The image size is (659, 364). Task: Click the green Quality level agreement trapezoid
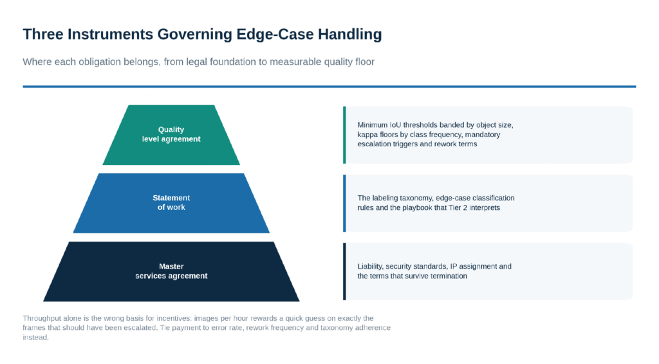pos(171,135)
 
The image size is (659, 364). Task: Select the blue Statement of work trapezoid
pos(171,203)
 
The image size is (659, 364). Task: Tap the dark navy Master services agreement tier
pos(171,271)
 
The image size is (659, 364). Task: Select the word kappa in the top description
pos(367,135)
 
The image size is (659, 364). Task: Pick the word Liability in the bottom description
pos(370,266)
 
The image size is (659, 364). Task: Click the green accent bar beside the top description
pos(345,135)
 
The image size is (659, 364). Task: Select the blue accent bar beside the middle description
pos(345,203)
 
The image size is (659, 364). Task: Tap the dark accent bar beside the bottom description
pos(345,271)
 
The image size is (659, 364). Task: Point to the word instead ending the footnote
pos(36,338)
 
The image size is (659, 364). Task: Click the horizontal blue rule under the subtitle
pos(329,87)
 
